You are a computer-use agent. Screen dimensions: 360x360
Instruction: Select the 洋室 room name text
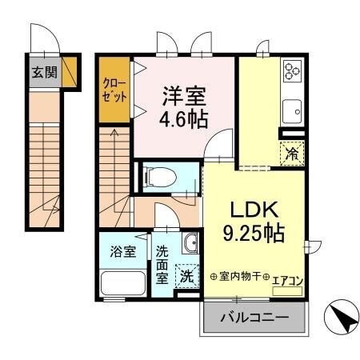(x=186, y=94)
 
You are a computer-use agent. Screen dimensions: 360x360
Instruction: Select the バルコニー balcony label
(x=254, y=318)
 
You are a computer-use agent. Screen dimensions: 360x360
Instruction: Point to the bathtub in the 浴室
(x=122, y=283)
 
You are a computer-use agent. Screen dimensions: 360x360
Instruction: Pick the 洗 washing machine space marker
(x=186, y=277)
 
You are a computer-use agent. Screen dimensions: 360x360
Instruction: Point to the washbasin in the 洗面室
(x=190, y=244)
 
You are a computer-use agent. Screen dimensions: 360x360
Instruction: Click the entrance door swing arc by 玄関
(x=40, y=38)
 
